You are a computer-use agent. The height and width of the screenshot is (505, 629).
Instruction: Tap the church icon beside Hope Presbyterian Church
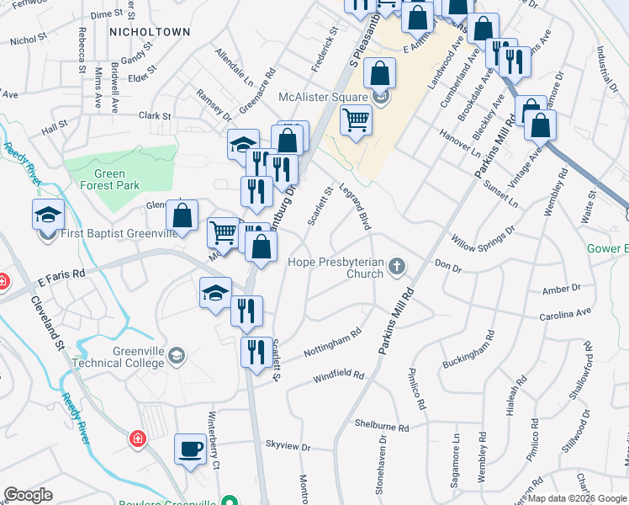click(x=396, y=268)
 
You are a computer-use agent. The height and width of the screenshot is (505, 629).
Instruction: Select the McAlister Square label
click(x=325, y=97)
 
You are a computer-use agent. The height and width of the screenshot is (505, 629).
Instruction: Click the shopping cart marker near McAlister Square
click(x=357, y=121)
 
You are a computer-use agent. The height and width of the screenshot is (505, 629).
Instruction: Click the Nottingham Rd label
click(x=334, y=338)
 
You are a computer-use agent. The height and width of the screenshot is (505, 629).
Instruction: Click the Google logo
click(x=28, y=495)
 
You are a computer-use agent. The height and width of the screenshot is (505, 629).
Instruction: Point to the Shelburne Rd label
click(x=381, y=427)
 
